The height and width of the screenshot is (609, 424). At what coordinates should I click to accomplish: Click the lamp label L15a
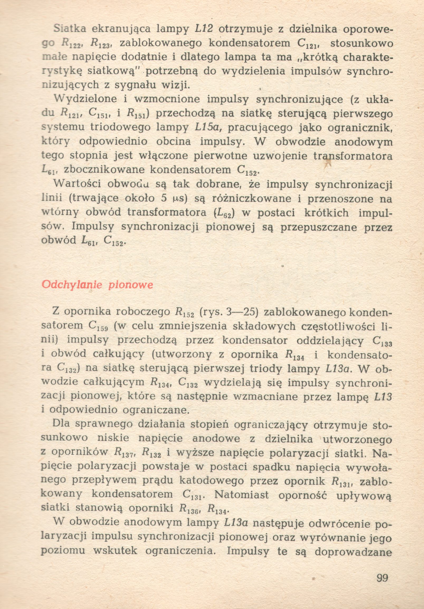pyautogui.click(x=206, y=128)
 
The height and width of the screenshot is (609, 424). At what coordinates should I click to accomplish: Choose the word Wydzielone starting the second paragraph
pyautogui.click(x=85, y=99)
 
